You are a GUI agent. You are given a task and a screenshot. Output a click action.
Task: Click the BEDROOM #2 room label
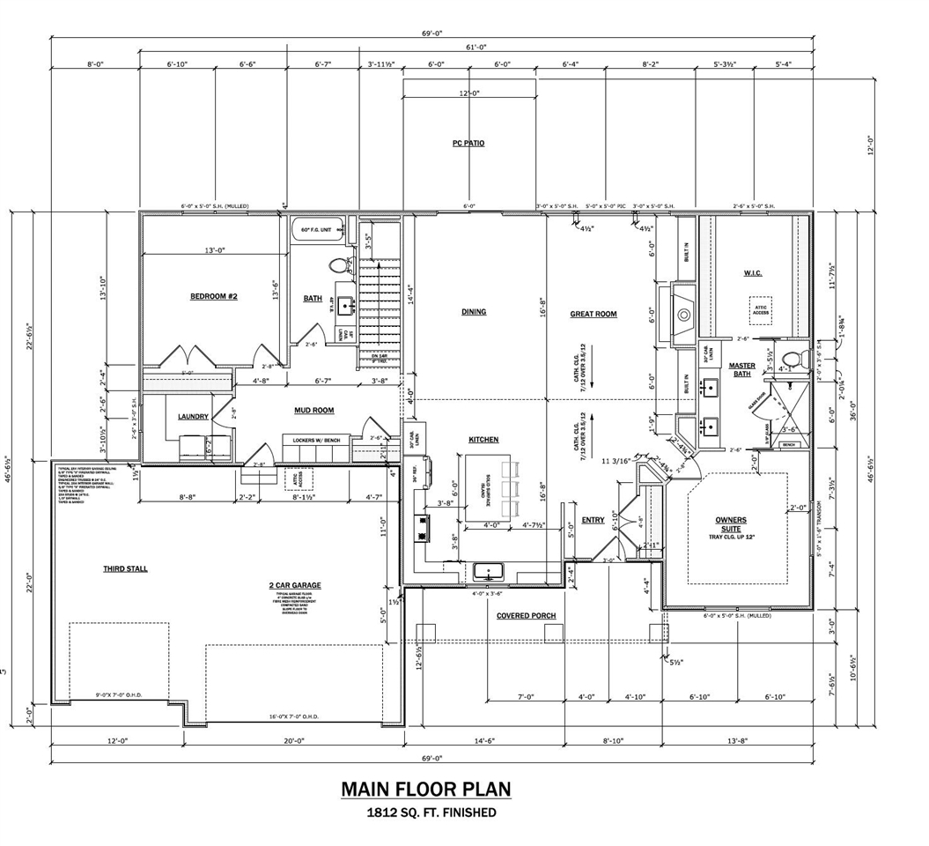point(214,297)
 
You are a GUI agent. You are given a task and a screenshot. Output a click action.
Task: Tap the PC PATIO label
point(468,143)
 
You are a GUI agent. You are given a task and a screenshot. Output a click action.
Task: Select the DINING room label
point(474,312)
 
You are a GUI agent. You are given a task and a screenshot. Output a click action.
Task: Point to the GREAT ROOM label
point(594,314)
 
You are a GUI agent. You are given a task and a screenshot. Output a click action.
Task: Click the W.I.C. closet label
point(752,273)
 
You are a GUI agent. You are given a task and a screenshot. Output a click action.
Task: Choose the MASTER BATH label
point(741,371)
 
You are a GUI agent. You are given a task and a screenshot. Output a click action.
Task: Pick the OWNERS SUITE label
point(732,525)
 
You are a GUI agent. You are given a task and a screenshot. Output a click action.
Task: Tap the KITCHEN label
point(483,440)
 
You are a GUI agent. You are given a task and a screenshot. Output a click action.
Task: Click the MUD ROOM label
point(314,411)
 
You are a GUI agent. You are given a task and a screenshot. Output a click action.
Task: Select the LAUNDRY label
point(193,417)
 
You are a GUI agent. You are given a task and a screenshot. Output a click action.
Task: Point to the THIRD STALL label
point(125,569)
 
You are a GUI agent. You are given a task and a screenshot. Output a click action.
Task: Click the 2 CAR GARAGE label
point(295,585)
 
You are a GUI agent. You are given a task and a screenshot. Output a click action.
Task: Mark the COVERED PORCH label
point(526,615)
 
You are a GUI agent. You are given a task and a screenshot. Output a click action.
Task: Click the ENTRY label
point(593,520)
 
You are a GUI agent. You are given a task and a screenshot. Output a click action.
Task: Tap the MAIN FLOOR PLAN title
point(425,789)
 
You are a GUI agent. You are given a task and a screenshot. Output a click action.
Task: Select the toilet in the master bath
point(792,358)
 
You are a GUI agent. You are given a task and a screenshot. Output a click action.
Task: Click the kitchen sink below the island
point(488,571)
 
